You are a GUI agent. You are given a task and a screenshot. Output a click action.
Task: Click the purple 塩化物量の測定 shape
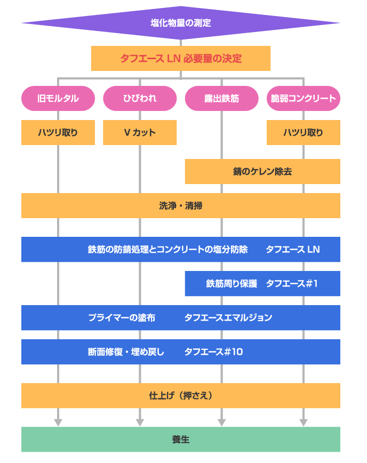181,23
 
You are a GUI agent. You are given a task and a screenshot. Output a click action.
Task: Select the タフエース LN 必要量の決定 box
181,58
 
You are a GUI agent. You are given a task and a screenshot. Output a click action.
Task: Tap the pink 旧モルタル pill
58,98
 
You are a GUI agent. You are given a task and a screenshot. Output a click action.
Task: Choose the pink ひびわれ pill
140,98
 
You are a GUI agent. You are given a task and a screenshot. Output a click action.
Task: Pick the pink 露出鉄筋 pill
221,98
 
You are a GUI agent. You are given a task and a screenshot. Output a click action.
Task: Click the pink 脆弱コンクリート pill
303,98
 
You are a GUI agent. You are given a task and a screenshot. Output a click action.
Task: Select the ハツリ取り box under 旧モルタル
58,132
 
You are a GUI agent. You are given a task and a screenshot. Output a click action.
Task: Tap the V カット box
140,132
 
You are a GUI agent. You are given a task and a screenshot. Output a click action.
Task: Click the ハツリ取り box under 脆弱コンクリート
303,132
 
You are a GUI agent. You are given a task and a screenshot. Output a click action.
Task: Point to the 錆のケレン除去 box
262,171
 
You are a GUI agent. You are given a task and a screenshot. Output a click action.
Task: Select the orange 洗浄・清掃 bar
181,205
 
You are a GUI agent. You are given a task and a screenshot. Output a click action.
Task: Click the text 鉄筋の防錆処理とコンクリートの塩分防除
167,249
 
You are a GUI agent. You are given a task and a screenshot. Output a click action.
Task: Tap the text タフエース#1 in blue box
292,283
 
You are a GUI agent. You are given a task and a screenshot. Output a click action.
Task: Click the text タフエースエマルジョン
228,317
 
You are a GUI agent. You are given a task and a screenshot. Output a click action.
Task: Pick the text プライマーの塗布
122,317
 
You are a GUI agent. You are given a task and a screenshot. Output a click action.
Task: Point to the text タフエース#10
213,352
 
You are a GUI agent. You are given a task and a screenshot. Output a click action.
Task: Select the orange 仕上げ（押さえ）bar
181,395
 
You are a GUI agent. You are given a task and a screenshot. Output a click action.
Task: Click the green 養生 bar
181,440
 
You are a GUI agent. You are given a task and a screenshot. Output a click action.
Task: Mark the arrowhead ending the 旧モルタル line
58,422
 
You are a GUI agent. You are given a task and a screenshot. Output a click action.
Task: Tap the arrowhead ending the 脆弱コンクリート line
303,422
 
